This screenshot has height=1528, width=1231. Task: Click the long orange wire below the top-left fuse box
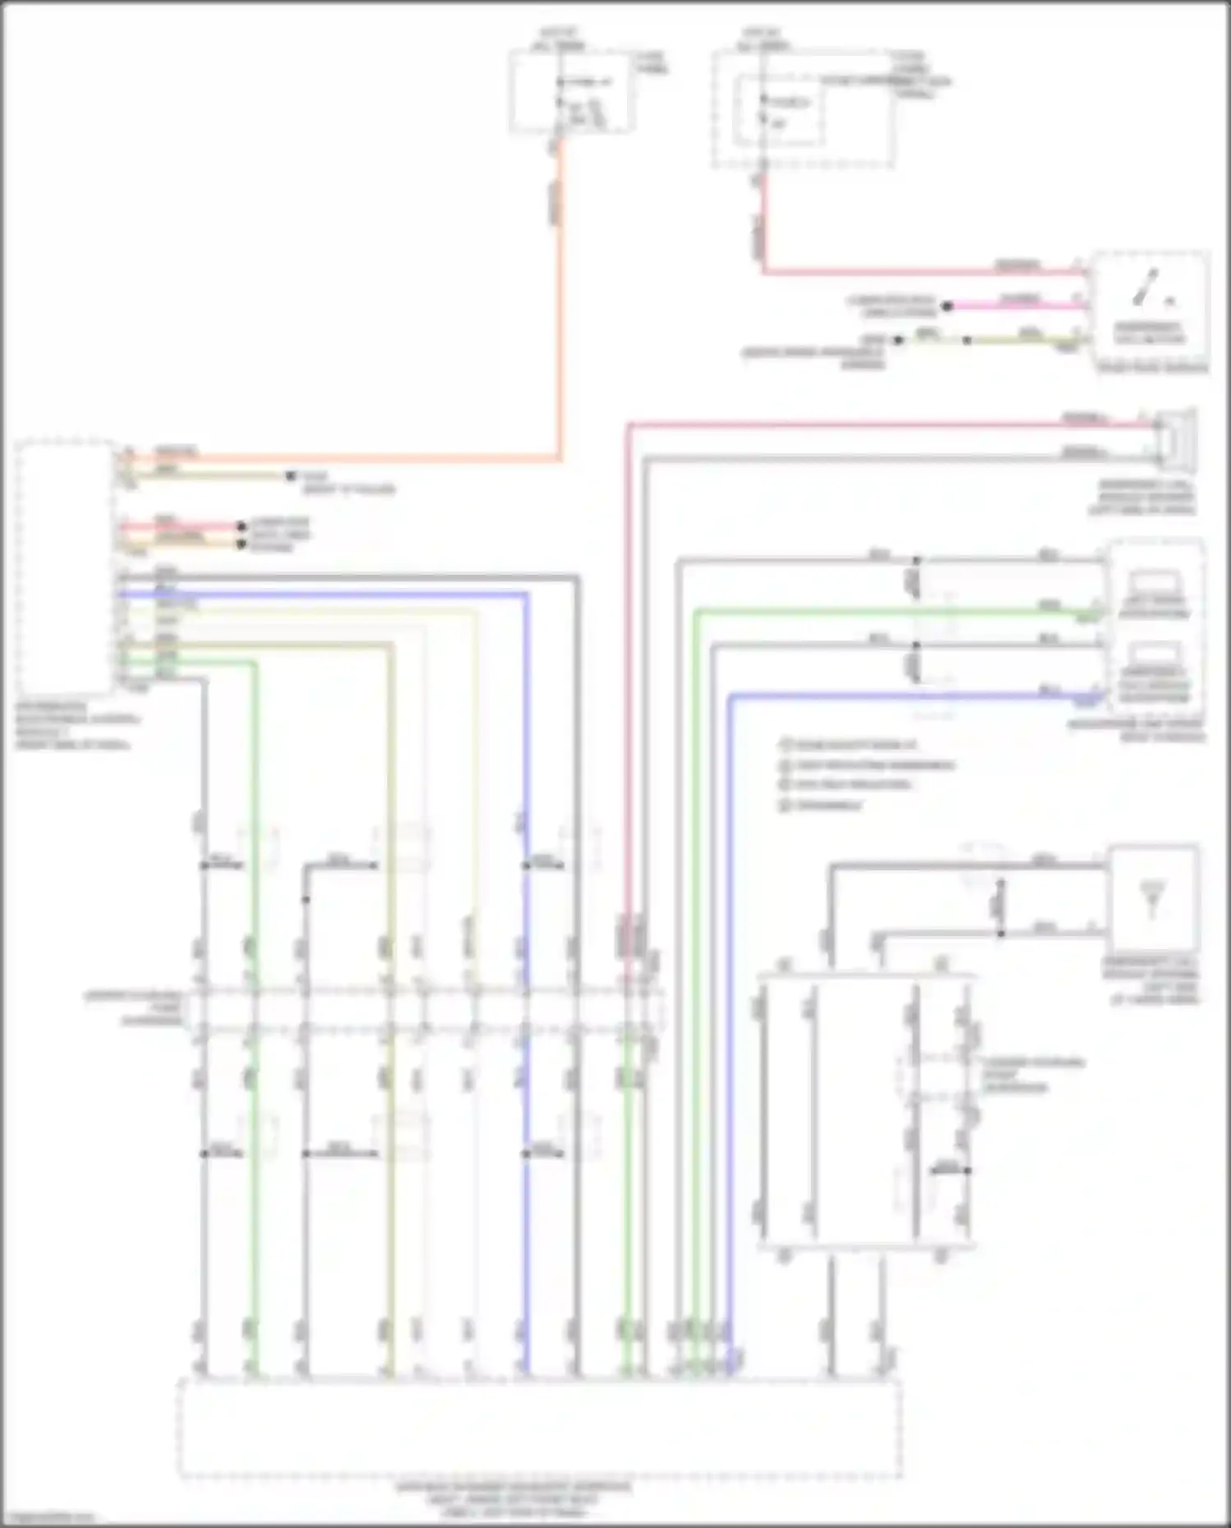click(x=561, y=312)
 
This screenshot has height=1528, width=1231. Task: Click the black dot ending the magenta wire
click(x=946, y=306)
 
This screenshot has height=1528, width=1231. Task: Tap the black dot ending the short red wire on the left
click(x=241, y=526)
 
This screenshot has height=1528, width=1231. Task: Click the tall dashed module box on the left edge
click(x=64, y=567)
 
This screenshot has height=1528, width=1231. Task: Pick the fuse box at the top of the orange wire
click(x=571, y=90)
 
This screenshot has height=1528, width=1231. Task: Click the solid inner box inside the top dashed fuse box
click(x=779, y=110)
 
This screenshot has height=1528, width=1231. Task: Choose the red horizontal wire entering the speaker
click(x=886, y=424)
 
